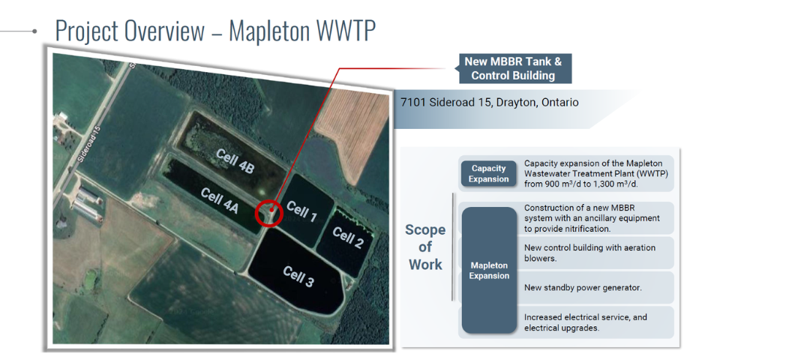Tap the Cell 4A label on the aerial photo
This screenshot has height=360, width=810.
click(220, 201)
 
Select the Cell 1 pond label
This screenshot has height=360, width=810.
click(301, 211)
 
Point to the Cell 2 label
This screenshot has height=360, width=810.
click(348, 237)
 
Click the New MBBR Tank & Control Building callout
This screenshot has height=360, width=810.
click(513, 69)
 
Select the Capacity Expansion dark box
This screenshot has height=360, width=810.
click(489, 173)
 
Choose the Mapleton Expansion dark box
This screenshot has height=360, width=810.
click(489, 270)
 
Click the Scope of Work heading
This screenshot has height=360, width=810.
click(425, 247)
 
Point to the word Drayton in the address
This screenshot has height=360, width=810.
click(515, 102)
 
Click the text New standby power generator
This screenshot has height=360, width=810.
click(583, 287)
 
